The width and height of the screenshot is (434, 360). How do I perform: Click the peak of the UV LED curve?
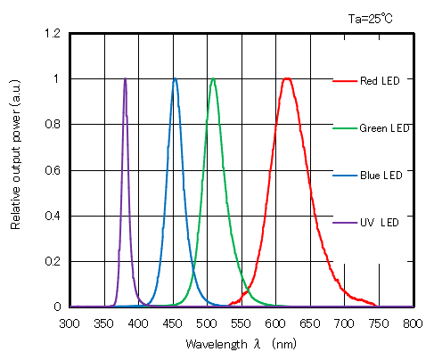point(125,79)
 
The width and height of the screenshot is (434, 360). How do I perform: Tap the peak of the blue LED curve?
point(175,79)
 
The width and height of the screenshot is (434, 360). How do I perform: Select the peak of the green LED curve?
point(213,79)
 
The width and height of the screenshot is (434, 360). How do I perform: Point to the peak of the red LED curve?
point(287,79)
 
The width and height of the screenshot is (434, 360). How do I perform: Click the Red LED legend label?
point(380,81)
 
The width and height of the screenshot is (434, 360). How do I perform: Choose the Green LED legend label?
point(385,128)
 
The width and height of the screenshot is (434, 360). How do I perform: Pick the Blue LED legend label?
point(381,175)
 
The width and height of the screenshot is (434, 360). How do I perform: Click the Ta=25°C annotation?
point(372,16)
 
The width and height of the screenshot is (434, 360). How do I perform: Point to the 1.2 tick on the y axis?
point(53,34)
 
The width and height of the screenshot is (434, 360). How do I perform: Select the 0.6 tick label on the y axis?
point(53,170)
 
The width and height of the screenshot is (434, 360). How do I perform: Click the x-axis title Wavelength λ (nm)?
point(241,343)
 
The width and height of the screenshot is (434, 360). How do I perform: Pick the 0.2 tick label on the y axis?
point(53,262)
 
